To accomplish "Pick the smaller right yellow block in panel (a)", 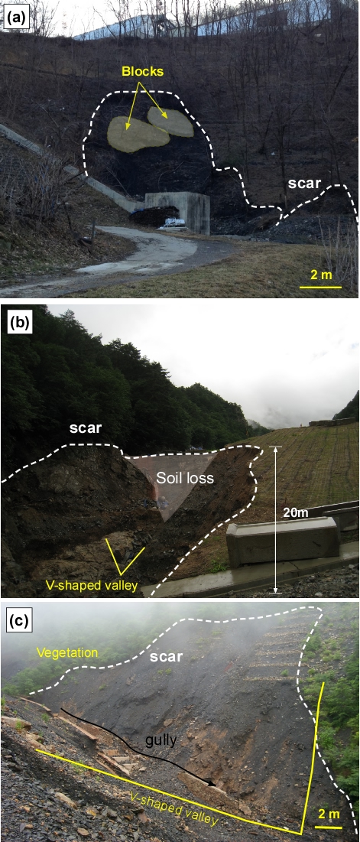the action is (170, 122).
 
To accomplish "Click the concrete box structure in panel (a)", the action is (177, 212).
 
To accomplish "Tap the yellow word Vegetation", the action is (67, 653).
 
